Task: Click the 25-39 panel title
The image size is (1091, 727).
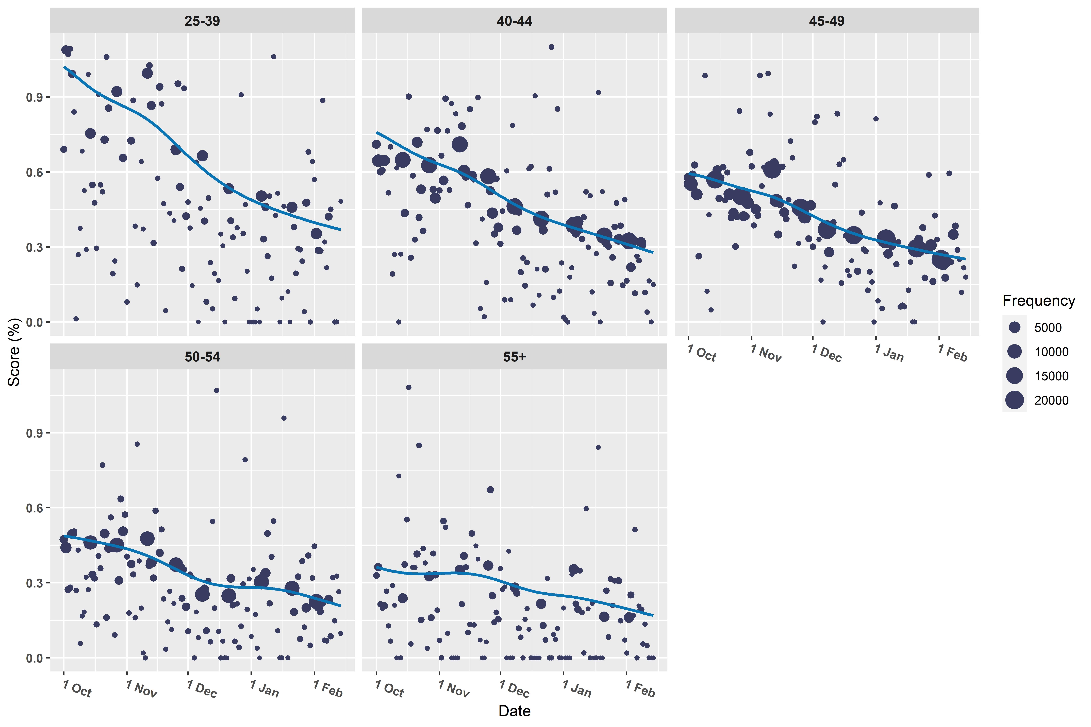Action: pos(202,21)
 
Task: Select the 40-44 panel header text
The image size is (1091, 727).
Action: pos(514,21)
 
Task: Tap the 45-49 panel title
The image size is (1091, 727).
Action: pos(827,21)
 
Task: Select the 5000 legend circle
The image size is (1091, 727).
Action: pos(1014,327)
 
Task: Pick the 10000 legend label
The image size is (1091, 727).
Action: pos(1051,352)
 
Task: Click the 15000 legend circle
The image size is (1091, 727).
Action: pos(1014,376)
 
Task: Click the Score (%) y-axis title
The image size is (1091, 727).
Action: pos(14,352)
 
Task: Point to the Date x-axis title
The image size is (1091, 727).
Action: pos(514,711)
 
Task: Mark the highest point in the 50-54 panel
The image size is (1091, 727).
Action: pos(217,390)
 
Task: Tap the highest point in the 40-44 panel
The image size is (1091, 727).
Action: pos(551,47)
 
